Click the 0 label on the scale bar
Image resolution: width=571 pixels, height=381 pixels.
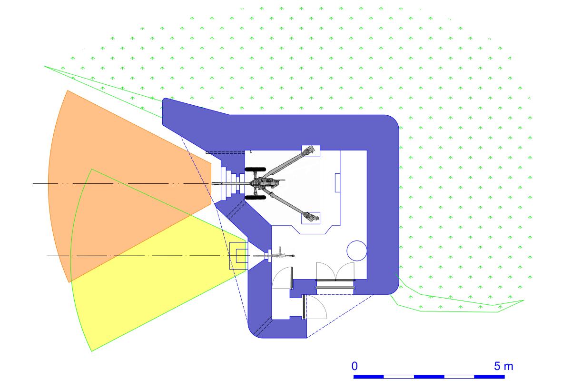pos(354,366)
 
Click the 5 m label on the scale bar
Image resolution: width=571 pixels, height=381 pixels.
pos(503,366)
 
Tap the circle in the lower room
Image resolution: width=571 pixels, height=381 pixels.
pos(357,251)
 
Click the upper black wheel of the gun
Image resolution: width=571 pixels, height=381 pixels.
pos(255,170)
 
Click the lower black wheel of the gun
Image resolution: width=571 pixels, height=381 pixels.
pos(255,197)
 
